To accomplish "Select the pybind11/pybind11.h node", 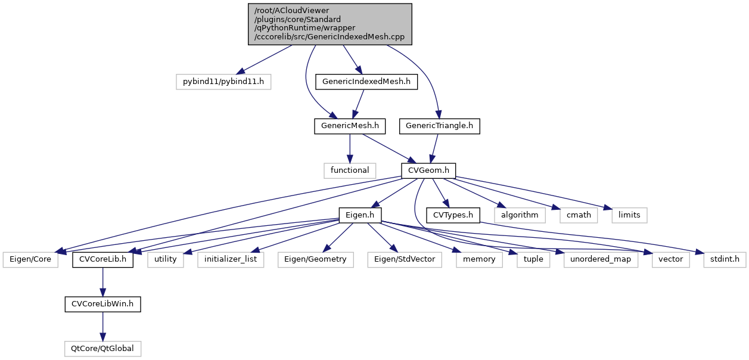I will point(223,80).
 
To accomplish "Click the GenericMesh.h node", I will point(350,126).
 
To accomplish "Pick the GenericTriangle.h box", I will point(440,126).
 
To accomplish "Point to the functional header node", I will point(350,170).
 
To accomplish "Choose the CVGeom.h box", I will point(429,170).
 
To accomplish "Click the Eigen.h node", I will point(360,215).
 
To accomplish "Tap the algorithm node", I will point(520,215).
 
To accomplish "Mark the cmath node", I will point(574,215).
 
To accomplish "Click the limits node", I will point(629,215).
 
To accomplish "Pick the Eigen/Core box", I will point(30,259).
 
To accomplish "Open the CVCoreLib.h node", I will point(103,259).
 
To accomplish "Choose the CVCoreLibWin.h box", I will point(103,304).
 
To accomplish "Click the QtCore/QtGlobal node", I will point(103,348).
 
